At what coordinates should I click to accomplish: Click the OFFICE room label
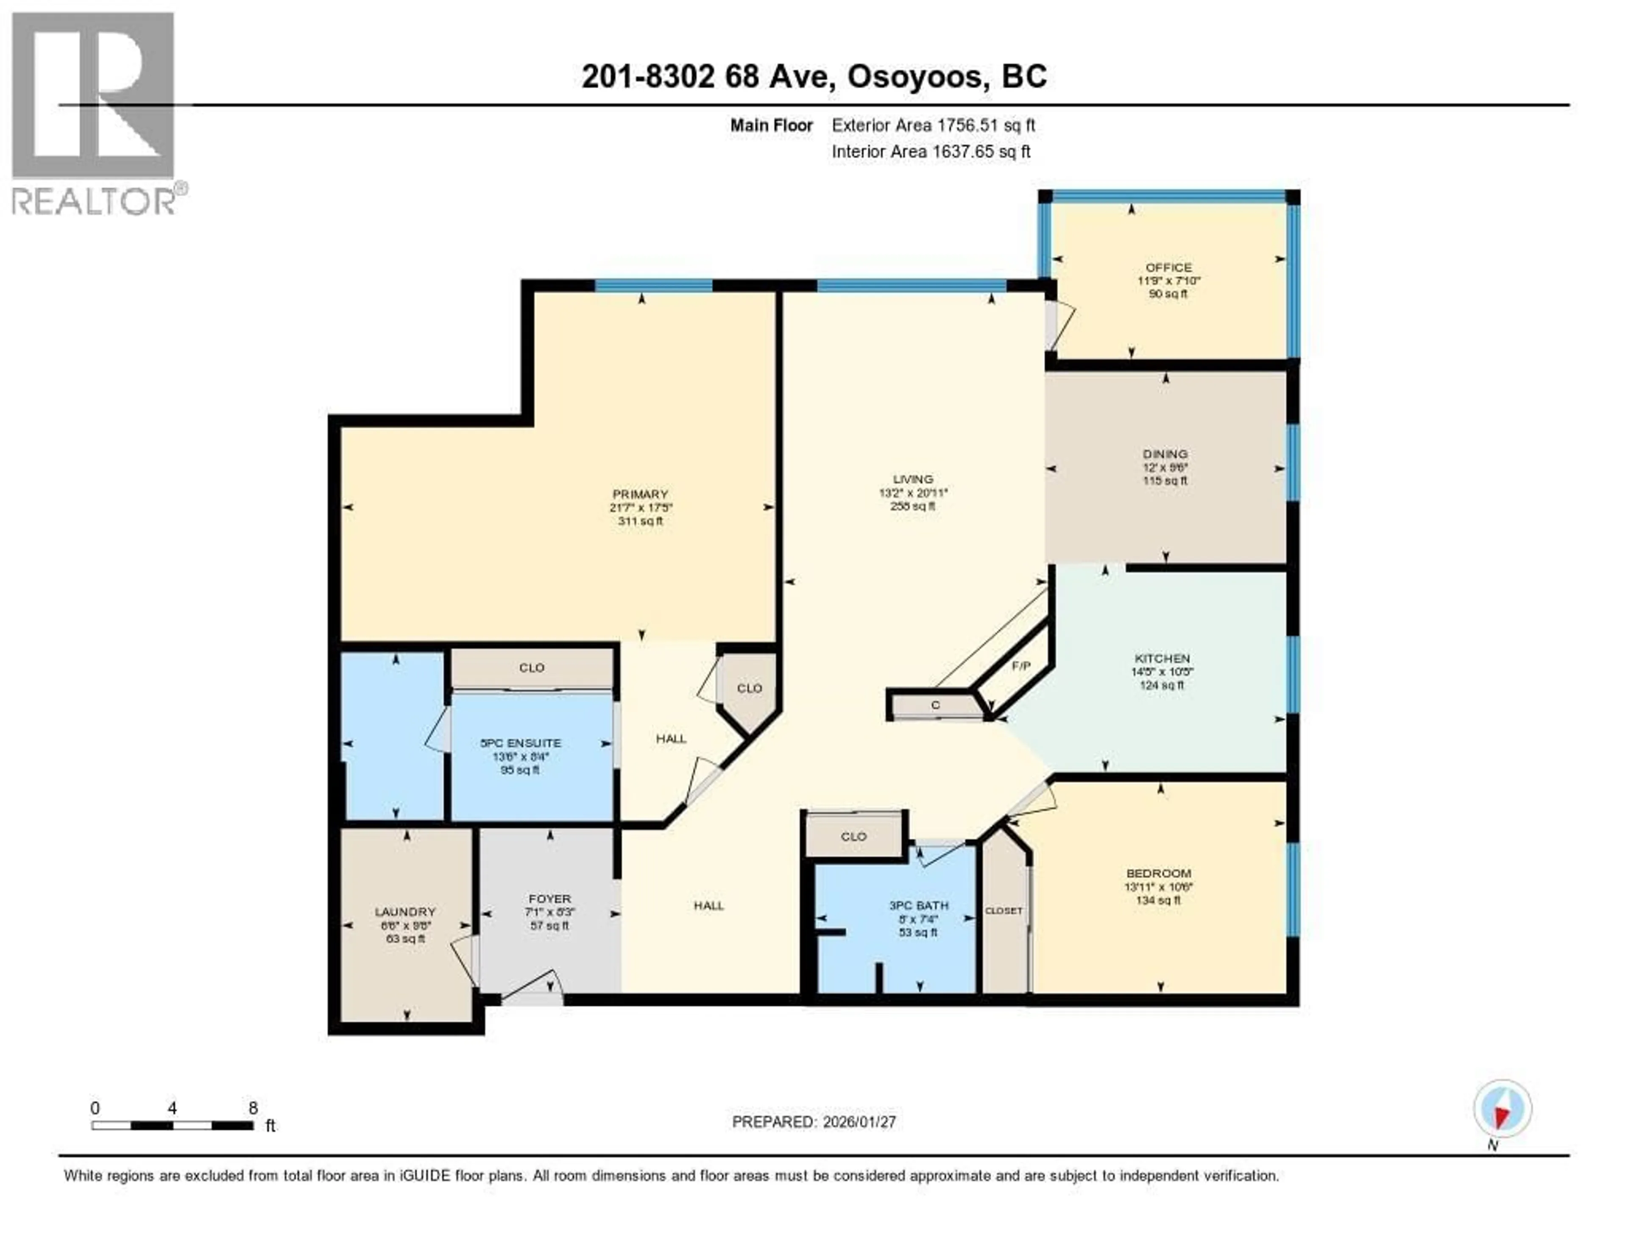tap(1168, 267)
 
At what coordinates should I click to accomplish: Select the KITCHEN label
tap(1161, 658)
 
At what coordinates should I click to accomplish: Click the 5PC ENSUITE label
tap(520, 743)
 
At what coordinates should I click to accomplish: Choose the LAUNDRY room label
tap(405, 911)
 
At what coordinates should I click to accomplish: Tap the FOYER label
tap(549, 898)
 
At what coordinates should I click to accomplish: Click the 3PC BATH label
tap(918, 905)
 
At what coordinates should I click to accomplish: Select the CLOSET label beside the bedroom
tap(1004, 910)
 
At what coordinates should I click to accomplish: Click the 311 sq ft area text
tap(640, 521)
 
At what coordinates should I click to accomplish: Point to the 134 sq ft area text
tap(1158, 900)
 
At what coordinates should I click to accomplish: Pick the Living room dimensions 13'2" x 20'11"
tap(912, 492)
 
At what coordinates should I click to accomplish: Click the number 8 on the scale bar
tap(253, 1108)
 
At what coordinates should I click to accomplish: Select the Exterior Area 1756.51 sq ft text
tap(933, 125)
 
